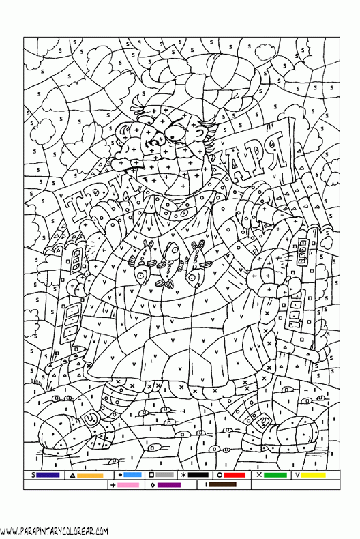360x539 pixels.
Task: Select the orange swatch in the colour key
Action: click(x=90, y=475)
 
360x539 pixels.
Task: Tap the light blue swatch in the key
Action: click(x=132, y=475)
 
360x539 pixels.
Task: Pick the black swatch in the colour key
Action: click(x=198, y=475)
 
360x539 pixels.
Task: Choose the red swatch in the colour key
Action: click(x=235, y=475)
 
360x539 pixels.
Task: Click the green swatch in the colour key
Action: click(x=275, y=475)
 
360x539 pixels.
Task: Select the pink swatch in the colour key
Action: click(x=128, y=484)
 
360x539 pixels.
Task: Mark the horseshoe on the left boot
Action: click(x=88, y=413)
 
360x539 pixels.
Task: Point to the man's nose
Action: click(x=131, y=144)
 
